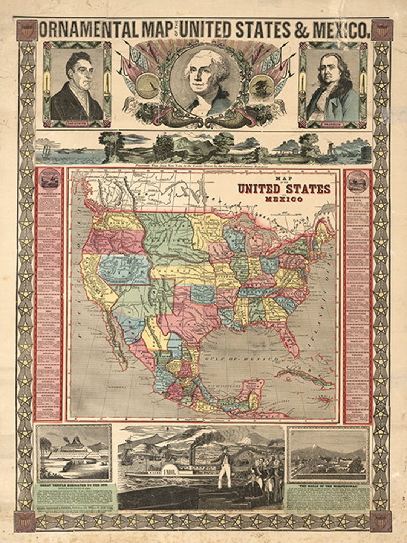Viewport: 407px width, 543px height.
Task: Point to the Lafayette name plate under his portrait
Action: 77,123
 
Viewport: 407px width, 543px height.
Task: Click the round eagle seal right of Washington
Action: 261,86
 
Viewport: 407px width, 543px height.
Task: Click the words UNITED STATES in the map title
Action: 283,189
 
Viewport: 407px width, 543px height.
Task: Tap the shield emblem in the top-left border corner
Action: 26,30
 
